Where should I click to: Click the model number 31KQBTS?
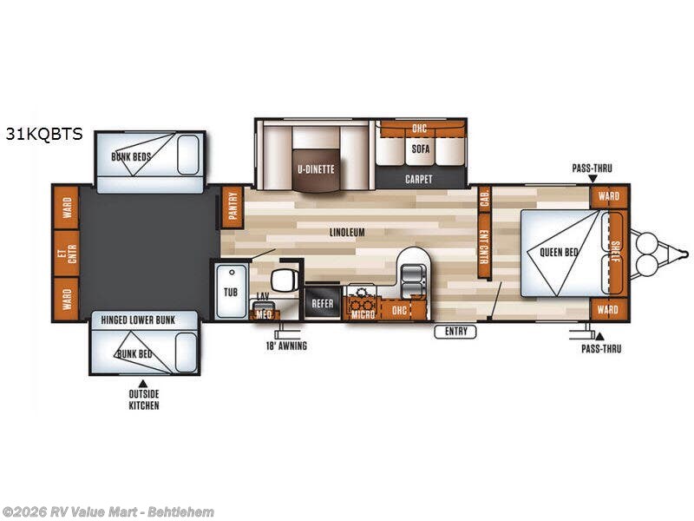(44, 134)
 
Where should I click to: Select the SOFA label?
(422, 148)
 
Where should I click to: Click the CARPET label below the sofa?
(419, 179)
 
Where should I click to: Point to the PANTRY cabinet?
(232, 208)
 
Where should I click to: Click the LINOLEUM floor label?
(345, 233)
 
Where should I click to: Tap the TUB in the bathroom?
(231, 293)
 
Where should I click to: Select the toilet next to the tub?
(283, 281)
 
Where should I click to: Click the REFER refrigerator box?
(323, 304)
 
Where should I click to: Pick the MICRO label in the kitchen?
(363, 313)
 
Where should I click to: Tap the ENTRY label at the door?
(456, 331)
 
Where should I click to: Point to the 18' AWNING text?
(286, 346)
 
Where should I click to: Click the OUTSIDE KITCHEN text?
(145, 400)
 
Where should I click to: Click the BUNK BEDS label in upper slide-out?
(131, 157)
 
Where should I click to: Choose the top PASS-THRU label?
(593, 168)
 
